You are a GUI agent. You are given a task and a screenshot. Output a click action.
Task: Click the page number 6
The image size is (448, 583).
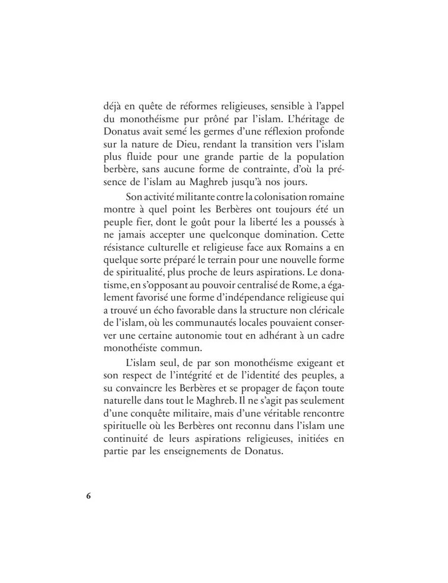pos(88,495)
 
